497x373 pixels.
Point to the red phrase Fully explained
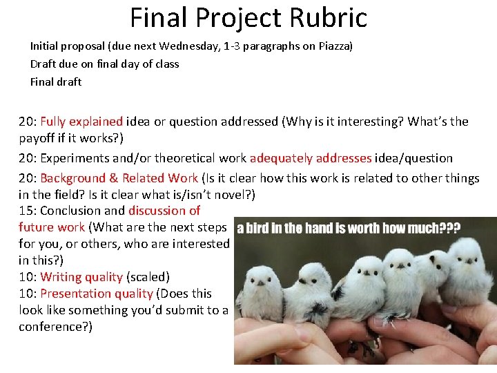(x=81, y=122)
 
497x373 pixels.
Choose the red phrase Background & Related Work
(x=119, y=178)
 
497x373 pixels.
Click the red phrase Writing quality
(x=81, y=277)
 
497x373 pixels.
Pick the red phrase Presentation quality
(x=97, y=294)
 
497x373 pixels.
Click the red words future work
(x=52, y=227)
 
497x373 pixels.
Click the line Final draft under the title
(x=56, y=82)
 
